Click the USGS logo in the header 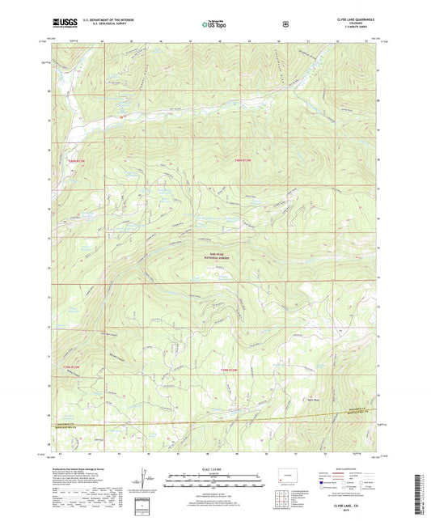(x=61, y=23)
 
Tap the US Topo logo (x=215, y=24)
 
